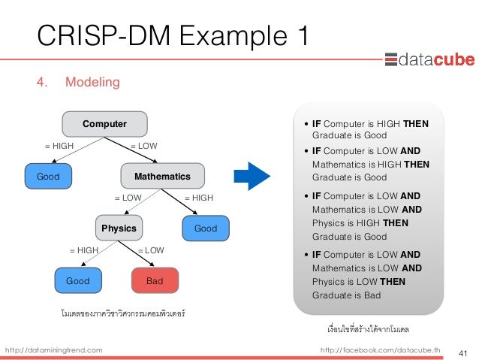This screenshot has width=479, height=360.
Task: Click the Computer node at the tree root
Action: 104,123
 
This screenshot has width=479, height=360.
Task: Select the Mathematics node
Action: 162,176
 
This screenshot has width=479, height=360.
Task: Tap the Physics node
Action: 119,228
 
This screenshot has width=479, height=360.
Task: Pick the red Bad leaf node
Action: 155,280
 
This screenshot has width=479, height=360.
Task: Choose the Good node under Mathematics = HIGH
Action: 206,228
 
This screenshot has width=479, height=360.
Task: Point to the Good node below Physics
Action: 77,280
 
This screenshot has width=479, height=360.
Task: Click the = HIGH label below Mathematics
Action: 199,198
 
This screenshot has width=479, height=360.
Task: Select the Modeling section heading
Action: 92,81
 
